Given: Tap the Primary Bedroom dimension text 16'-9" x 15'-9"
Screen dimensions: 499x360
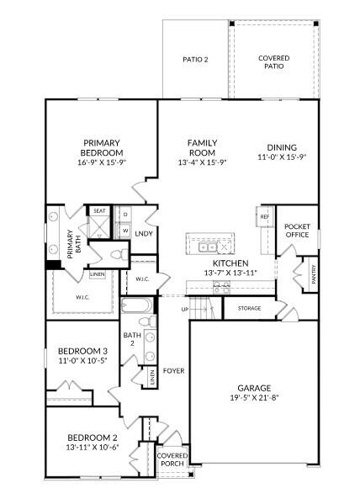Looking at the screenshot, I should click(102, 162).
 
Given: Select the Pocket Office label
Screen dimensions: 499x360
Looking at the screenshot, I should click(297, 232).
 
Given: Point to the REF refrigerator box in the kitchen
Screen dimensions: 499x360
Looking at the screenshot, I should click(265, 217).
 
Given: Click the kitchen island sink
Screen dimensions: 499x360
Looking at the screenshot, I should click(207, 247).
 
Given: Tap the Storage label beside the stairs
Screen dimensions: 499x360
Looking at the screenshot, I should click(248, 308).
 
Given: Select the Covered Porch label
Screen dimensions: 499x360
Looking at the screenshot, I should click(172, 460).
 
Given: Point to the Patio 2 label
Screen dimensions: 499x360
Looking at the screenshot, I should click(195, 59).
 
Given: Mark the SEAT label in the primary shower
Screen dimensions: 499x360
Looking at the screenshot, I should click(99, 210).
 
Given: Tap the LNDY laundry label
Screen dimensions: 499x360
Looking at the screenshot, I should click(143, 233).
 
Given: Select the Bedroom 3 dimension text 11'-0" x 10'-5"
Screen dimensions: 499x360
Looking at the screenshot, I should click(82, 360).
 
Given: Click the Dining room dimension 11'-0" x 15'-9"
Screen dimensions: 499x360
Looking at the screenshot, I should click(282, 157).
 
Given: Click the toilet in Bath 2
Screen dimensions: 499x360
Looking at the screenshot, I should click(145, 321).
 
